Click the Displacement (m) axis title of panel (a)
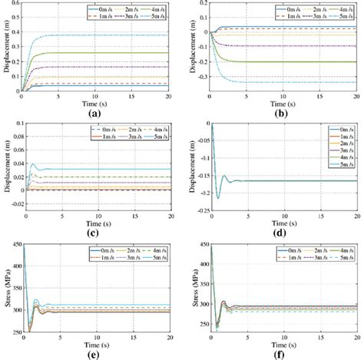coord(5,48)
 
